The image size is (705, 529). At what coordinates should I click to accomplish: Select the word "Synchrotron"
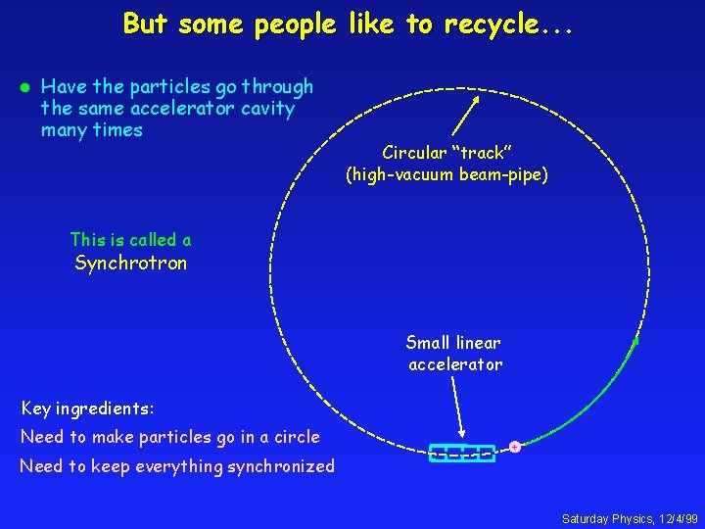(x=131, y=263)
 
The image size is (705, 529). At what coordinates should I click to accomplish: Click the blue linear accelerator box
(x=461, y=453)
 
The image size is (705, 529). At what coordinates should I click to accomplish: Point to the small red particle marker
(x=514, y=447)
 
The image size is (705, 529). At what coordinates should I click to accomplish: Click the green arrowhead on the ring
(x=634, y=342)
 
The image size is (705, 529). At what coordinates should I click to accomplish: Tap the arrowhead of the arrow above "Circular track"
(x=476, y=98)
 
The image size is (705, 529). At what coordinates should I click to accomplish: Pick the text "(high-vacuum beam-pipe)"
(x=446, y=175)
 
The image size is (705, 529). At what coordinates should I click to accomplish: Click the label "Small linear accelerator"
(x=454, y=354)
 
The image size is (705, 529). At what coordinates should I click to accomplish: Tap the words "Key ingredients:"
(x=88, y=408)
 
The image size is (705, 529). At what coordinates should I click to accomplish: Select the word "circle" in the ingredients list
(x=294, y=437)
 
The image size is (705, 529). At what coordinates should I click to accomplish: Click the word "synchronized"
(x=281, y=466)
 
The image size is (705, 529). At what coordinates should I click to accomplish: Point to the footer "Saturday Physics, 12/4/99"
(x=630, y=517)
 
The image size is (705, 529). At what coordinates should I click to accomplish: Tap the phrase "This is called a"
(x=131, y=240)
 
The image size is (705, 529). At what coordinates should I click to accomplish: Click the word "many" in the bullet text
(x=64, y=130)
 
